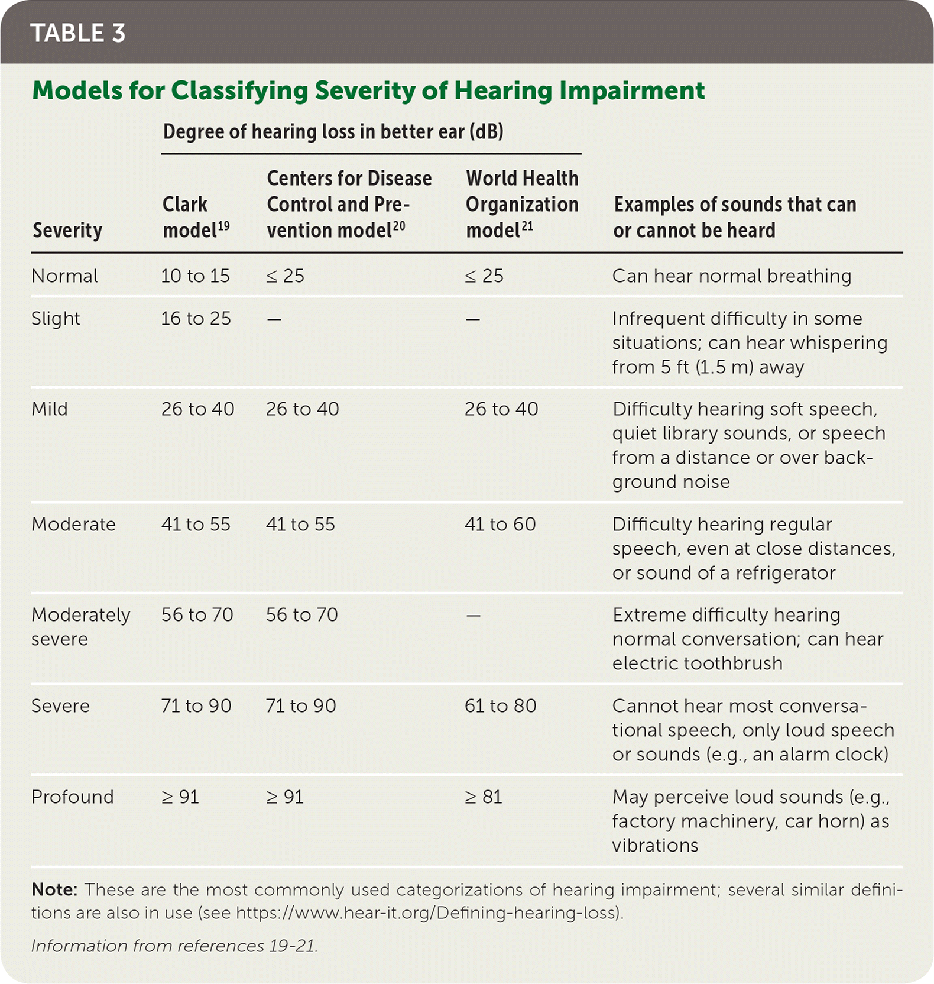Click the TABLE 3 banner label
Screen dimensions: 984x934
[78, 33]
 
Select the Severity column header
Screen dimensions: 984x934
[67, 230]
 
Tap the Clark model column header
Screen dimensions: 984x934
[195, 217]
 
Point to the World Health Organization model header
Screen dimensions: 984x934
[521, 204]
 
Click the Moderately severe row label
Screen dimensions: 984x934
[80, 627]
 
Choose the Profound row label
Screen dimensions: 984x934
[72, 797]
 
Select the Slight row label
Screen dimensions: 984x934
[56, 319]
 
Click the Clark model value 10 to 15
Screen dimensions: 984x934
[195, 276]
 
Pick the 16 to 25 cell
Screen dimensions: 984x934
[196, 319]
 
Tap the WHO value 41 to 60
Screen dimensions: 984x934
[500, 525]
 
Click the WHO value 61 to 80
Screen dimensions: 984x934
[500, 706]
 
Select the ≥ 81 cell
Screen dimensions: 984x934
[484, 797]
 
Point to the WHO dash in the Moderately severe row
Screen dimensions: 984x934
[473, 616]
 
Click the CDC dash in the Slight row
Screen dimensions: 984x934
[274, 319]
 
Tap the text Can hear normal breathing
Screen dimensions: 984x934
[732, 276]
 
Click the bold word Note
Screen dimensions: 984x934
[54, 889]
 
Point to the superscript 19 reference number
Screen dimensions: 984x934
[223, 226]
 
